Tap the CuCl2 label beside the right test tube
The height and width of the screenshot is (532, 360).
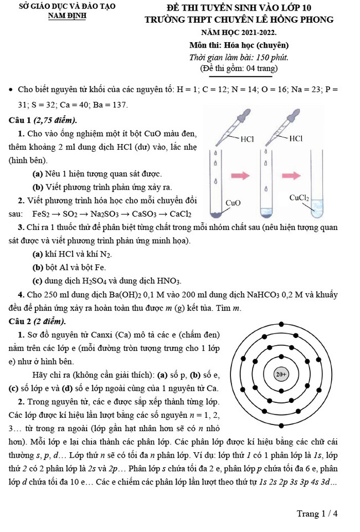300,197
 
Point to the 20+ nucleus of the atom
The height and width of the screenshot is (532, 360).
281,374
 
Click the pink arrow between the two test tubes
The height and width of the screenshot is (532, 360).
240,175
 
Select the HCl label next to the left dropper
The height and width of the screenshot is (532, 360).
246,139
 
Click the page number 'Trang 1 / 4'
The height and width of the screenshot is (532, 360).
317,513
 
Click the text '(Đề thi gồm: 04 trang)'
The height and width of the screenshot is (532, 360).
239,68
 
